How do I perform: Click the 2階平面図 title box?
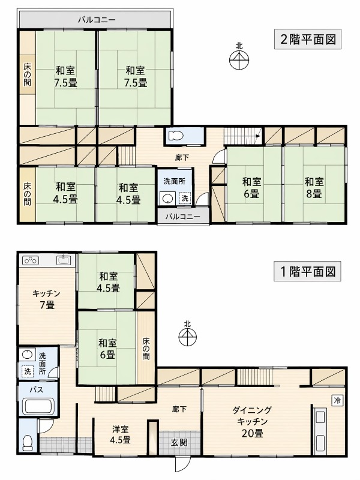coord(307,39)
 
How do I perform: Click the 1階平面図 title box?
coord(307,271)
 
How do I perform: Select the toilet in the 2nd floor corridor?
coord(175,136)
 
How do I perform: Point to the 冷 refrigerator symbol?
coord(337,400)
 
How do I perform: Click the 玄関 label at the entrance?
coord(179,442)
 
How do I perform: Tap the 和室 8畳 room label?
coord(314,187)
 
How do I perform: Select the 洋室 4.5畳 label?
coord(120,434)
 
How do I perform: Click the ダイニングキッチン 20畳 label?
coord(252,422)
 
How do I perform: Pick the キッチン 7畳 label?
coord(47,299)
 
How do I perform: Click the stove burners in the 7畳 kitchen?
coord(31,260)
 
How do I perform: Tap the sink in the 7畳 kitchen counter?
coord(64,260)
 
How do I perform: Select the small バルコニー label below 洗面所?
coord(183,217)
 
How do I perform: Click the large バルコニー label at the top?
coord(97,20)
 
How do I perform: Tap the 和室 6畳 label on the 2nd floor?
coord(251,187)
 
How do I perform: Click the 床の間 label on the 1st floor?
coord(146,349)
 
